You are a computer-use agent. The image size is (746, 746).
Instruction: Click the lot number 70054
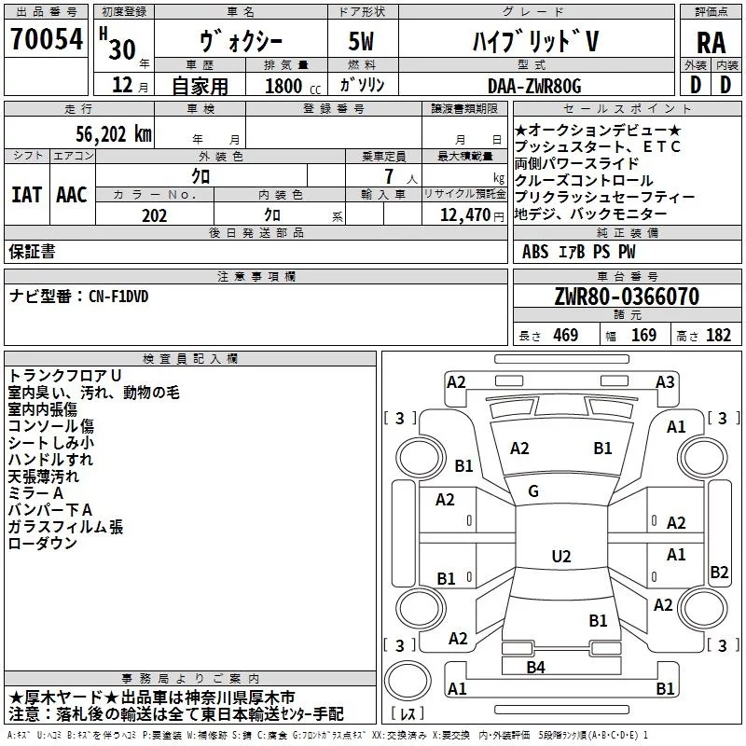(47, 38)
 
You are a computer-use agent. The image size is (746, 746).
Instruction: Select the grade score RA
(711, 43)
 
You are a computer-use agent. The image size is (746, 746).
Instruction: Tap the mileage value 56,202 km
(114, 134)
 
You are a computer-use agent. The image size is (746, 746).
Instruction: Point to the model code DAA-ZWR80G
(534, 86)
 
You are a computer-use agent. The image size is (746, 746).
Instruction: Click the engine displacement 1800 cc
(293, 86)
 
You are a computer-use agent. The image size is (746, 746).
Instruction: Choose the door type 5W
(361, 41)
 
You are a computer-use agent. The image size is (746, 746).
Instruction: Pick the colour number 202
(155, 215)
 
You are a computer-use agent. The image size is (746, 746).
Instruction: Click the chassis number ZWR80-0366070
(627, 297)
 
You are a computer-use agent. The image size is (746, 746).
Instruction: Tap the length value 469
(566, 335)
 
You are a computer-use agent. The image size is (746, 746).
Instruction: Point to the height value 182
(718, 335)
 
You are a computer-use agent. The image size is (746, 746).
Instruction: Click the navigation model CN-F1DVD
(118, 297)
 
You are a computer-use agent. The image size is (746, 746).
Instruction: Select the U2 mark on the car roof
(561, 556)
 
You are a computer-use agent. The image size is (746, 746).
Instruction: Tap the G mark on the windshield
(533, 490)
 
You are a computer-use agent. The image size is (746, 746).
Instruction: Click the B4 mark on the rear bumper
(535, 667)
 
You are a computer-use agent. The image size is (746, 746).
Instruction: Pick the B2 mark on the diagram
(719, 572)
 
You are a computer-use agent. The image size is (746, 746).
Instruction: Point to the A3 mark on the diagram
(665, 381)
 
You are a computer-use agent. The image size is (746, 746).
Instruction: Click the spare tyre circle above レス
(408, 681)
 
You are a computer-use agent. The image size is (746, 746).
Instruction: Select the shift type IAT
(27, 195)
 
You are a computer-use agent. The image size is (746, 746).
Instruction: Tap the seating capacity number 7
(389, 176)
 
